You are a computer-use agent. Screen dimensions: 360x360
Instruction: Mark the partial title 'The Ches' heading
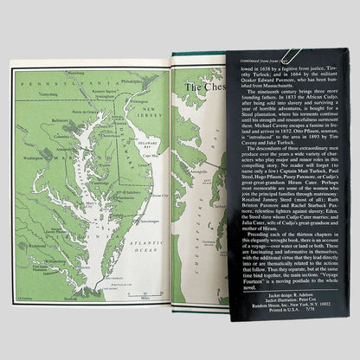(x=202, y=87)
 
